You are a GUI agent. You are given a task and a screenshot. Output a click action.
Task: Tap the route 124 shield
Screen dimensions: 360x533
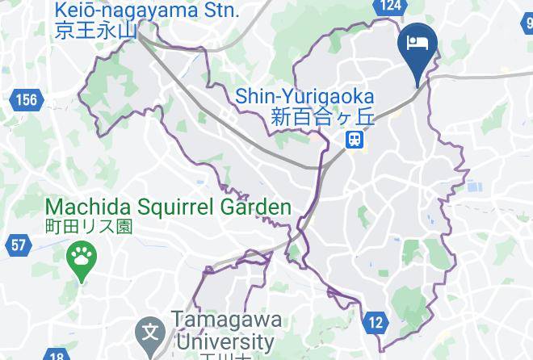pos(391,6)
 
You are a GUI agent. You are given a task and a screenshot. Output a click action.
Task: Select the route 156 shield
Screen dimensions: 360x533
pos(25,100)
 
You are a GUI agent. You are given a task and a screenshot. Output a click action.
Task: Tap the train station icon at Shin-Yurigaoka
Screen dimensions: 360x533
pos(355,140)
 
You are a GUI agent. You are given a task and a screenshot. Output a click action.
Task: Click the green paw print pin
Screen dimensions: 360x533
pos(81,260)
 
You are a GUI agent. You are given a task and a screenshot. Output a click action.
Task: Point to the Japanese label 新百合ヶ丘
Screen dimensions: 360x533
pos(324,117)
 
